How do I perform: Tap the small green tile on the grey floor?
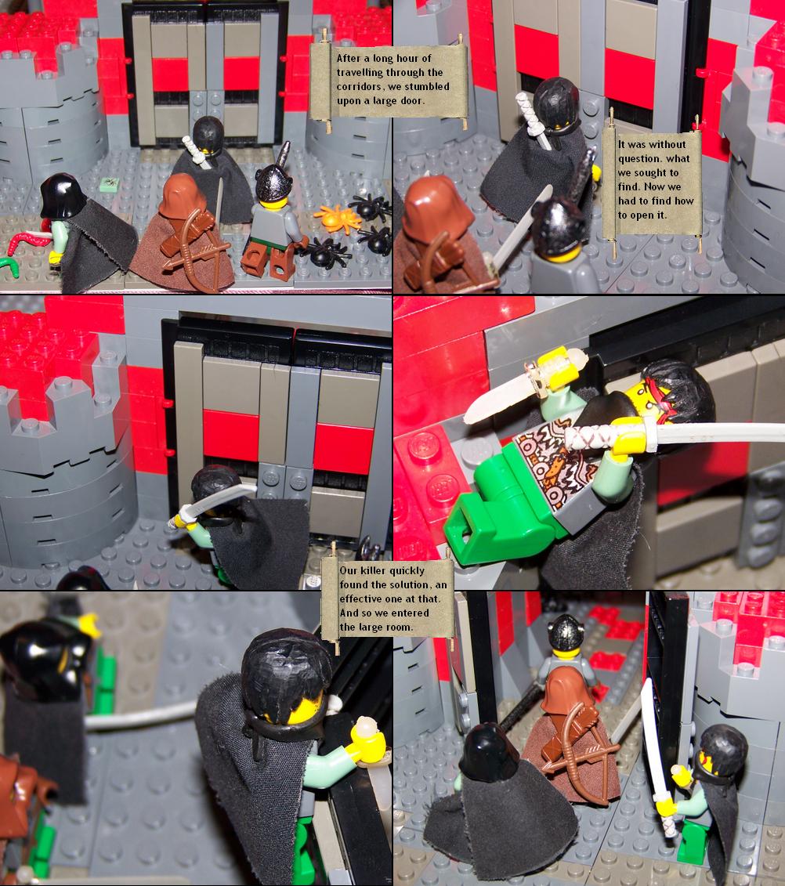point(110,183)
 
